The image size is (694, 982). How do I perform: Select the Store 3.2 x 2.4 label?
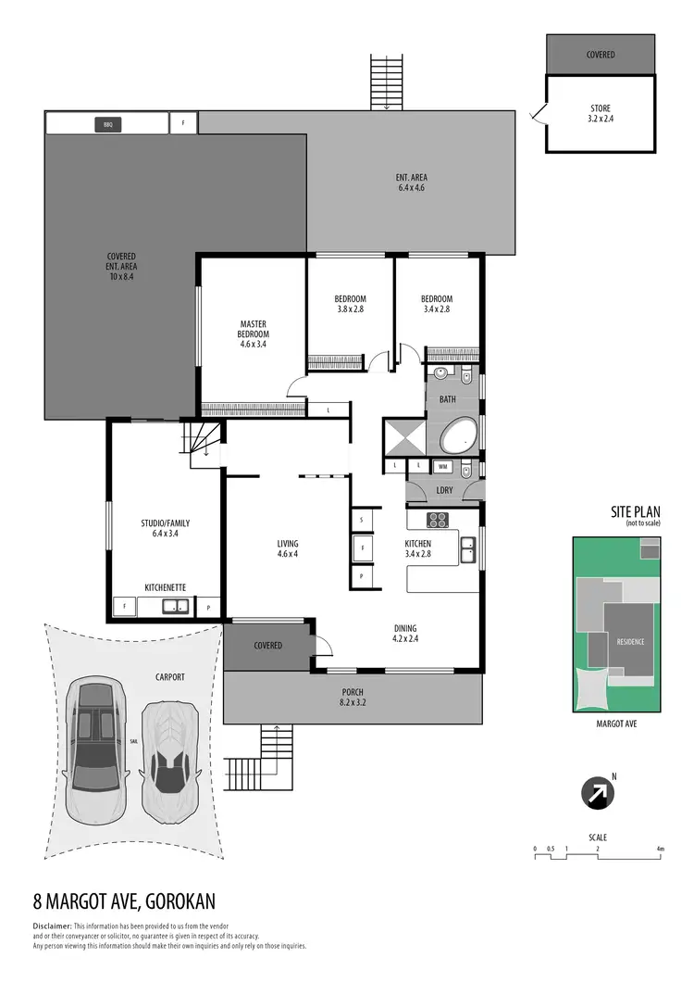pyautogui.click(x=600, y=114)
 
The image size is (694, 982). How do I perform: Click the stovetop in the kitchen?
pyautogui.click(x=437, y=519)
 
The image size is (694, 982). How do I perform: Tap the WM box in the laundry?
pyautogui.click(x=442, y=466)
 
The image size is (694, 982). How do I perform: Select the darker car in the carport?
pyautogui.click(x=96, y=751)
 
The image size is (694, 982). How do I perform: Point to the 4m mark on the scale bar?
pyautogui.click(x=660, y=849)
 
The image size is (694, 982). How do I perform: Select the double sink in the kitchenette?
pyautogui.click(x=174, y=608)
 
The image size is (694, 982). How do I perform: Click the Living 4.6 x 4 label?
pyautogui.click(x=288, y=548)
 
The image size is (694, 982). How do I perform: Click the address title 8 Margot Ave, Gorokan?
pyautogui.click(x=125, y=901)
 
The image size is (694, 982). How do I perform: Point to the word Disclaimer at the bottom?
pyautogui.click(x=51, y=926)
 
